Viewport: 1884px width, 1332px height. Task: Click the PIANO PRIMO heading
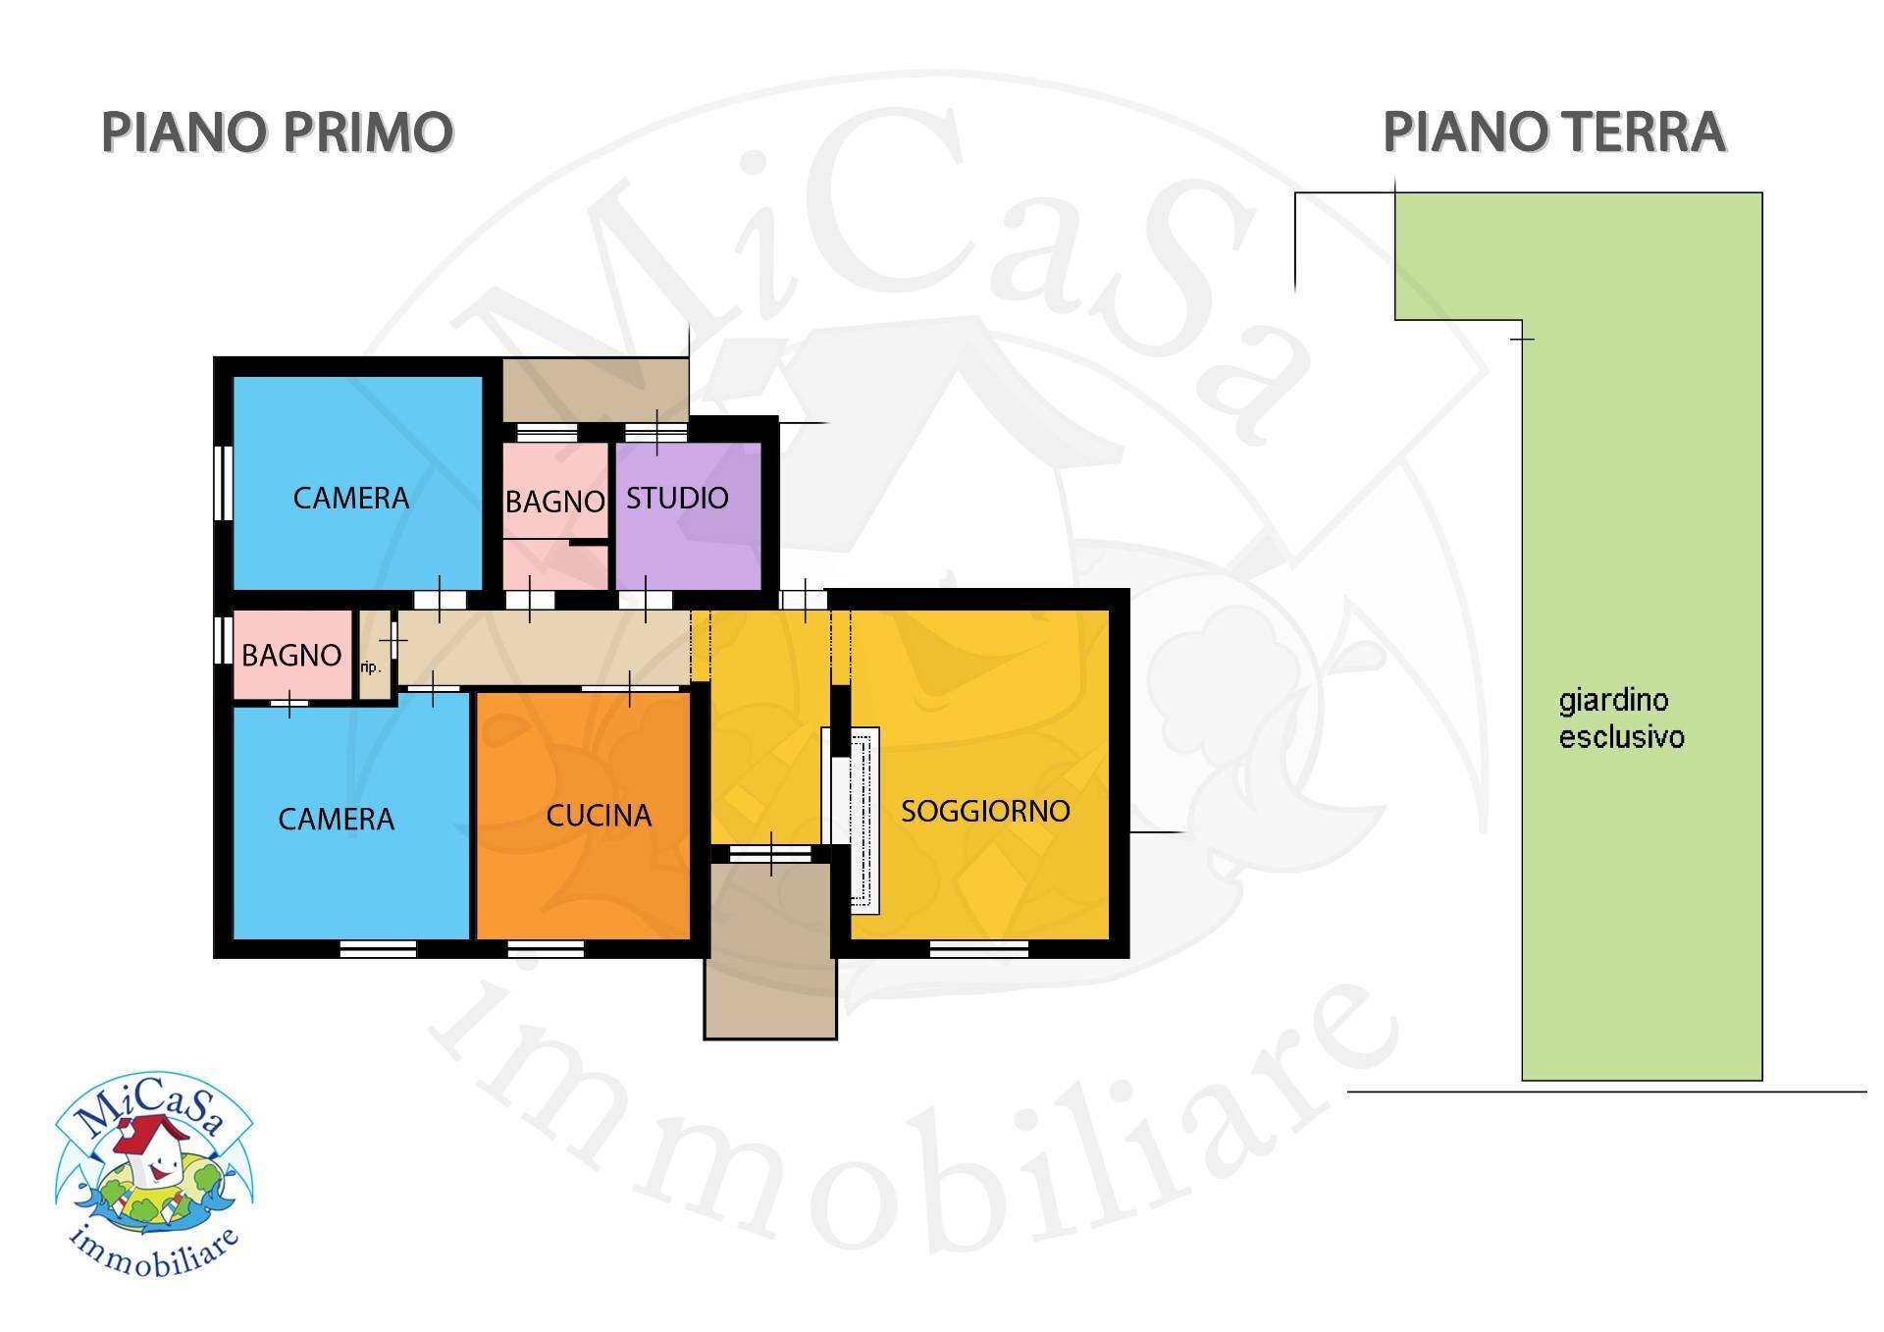[277, 133]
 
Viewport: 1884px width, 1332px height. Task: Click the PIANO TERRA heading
[1553, 133]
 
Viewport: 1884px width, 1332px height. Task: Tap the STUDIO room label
[677, 498]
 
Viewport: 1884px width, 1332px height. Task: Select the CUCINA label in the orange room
[599, 816]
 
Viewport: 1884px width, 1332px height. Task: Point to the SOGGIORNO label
[985, 811]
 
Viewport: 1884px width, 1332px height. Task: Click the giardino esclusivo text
[1621, 719]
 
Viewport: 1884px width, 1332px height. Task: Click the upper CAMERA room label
[351, 498]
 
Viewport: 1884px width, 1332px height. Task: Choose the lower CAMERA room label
[336, 819]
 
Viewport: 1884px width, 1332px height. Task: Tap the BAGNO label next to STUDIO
[554, 502]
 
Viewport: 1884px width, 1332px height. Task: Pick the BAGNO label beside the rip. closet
[291, 655]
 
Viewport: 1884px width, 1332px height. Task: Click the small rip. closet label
[370, 667]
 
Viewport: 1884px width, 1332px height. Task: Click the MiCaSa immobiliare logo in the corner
[155, 1173]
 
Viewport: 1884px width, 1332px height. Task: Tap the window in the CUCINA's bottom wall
[546, 949]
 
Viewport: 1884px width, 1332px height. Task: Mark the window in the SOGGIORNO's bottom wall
[978, 949]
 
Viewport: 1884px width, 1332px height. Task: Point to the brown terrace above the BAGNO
[595, 390]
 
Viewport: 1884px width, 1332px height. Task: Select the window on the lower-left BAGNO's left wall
[224, 639]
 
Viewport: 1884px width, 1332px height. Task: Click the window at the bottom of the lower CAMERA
[378, 949]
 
